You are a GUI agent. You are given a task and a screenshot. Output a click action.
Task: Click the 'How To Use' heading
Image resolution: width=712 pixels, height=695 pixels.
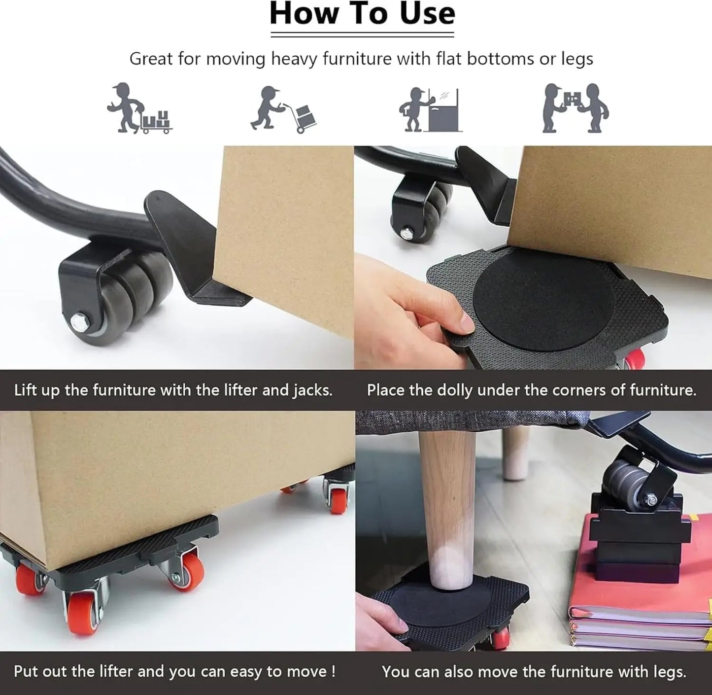click(362, 14)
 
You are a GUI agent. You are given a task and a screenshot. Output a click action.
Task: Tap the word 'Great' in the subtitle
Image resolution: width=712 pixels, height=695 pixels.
click(151, 59)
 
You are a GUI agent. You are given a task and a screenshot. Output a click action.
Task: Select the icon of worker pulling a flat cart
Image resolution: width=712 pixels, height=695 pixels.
click(139, 108)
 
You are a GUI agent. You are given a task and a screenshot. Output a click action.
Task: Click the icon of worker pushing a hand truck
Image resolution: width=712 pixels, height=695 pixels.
click(283, 109)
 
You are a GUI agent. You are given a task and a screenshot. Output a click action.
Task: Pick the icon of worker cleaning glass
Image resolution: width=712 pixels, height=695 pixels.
click(431, 109)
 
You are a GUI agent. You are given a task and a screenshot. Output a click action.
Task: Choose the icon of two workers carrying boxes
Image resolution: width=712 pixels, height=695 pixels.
click(575, 108)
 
